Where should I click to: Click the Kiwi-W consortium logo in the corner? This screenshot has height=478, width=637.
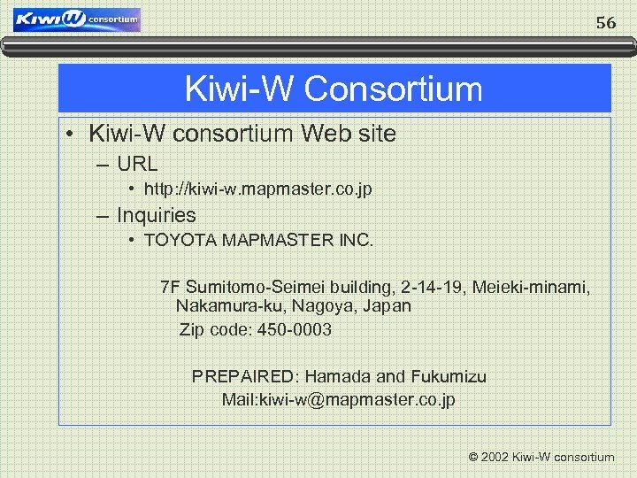78,19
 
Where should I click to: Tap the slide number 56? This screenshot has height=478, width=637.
606,24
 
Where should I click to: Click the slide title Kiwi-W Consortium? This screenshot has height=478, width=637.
334,89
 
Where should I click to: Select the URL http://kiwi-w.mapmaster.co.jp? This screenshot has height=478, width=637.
257,190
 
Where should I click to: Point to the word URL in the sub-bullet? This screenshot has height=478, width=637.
137,164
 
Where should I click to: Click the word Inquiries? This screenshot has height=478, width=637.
157,215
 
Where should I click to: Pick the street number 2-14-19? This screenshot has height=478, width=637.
433,288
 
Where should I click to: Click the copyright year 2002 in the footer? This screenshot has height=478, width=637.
495,458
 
